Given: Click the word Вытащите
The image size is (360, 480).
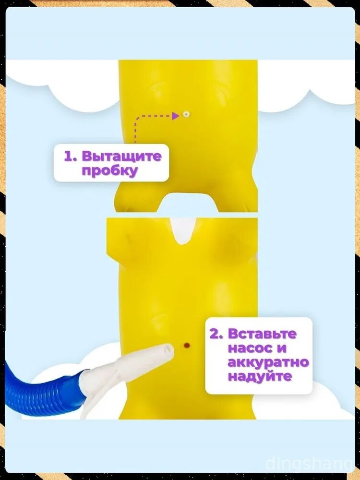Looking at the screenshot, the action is click(121, 156).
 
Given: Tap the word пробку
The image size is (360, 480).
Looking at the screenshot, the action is click(109, 171).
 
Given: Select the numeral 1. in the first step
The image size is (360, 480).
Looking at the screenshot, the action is click(72, 156).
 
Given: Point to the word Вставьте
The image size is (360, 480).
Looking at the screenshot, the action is click(263, 334).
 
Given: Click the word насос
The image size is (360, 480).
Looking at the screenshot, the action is click(250, 348).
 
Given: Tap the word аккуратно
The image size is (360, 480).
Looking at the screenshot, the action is click(268, 362).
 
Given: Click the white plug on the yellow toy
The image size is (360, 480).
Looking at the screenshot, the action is click(186, 115).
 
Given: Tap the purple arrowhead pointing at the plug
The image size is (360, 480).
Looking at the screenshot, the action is click(175, 116).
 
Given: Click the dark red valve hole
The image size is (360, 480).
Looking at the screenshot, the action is click(186, 346).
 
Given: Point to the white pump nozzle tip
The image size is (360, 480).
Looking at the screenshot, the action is click(168, 349).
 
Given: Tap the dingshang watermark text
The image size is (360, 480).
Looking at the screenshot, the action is click(309, 464).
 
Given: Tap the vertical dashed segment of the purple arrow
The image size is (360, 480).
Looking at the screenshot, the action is click(135, 130).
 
